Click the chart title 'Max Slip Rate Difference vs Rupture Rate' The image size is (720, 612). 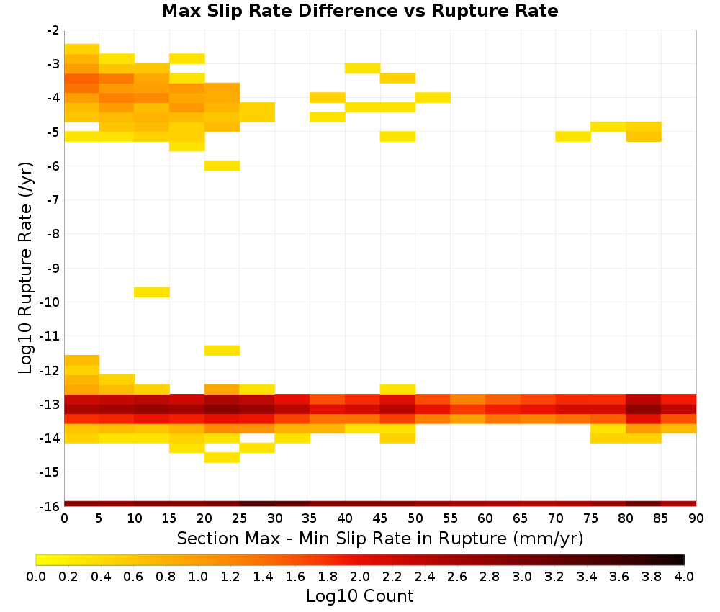359,11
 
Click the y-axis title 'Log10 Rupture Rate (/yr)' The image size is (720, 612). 25,268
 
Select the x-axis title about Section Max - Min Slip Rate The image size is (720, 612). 380,539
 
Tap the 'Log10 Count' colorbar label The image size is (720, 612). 359,596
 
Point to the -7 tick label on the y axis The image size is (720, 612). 53,199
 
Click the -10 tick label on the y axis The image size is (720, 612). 50,302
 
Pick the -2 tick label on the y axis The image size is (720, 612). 53,30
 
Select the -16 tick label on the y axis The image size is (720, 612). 50,506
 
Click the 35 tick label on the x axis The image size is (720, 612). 310,518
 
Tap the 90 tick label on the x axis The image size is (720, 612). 696,518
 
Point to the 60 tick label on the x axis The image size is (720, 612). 485,518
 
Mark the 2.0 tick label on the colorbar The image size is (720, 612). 360,576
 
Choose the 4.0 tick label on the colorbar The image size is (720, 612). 684,576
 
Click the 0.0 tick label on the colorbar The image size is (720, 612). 36,576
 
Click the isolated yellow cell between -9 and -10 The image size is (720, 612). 152,292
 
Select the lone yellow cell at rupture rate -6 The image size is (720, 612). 222,166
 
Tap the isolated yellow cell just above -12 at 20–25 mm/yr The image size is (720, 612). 222,351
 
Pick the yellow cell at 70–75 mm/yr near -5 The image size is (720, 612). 573,136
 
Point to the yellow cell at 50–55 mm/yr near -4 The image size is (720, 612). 433,98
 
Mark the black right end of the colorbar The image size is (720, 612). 681,559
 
